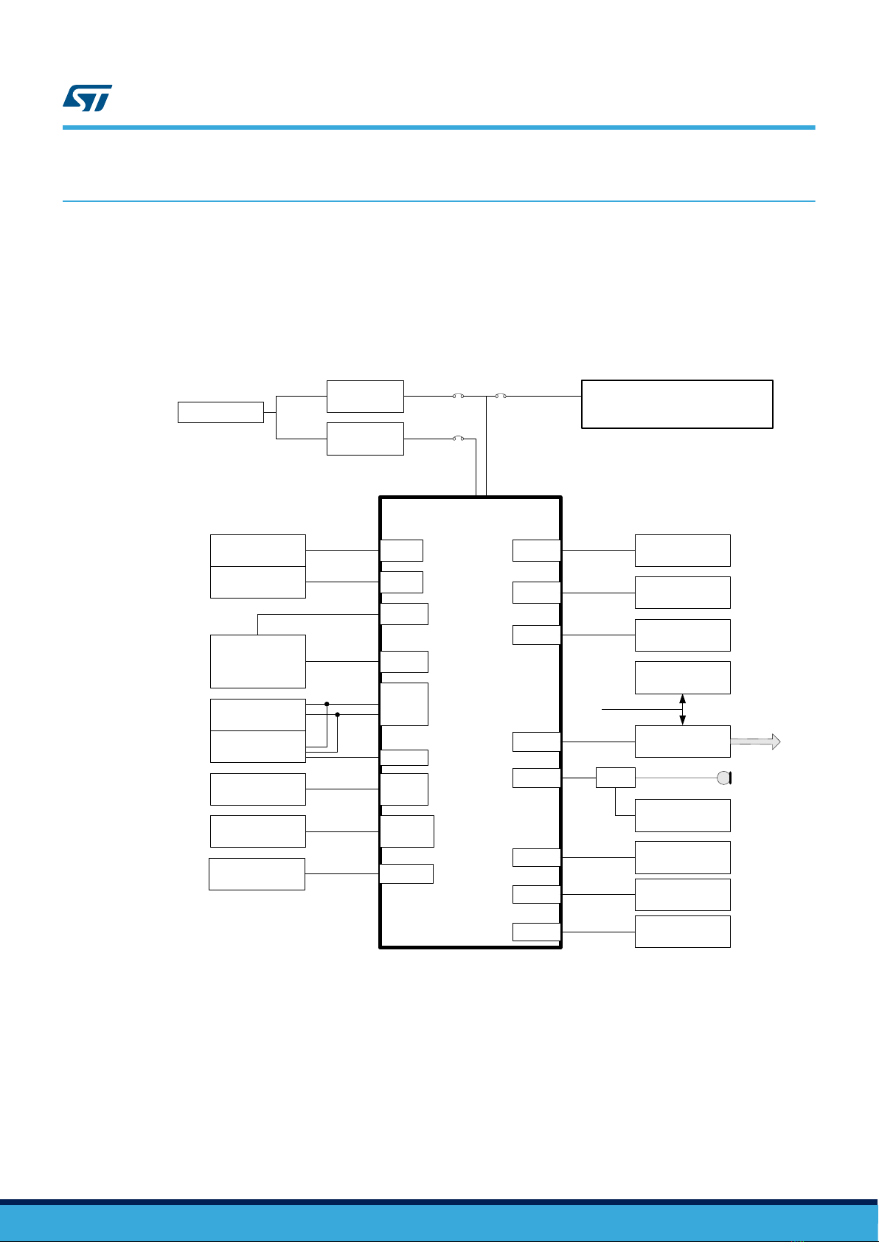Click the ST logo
point(87,98)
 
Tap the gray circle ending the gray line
point(723,778)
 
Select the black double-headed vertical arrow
point(682,709)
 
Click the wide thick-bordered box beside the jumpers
point(677,404)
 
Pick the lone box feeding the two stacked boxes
point(220,412)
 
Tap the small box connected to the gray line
point(615,777)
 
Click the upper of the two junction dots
point(326,704)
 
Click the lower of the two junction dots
point(337,714)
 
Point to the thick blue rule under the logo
point(439,128)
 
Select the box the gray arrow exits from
point(682,742)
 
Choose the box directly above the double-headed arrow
point(682,677)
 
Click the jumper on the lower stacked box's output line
point(458,439)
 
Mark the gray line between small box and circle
point(675,778)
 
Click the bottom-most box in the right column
point(682,932)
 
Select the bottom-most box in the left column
point(257,874)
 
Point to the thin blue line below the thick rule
point(439,201)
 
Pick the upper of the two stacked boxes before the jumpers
point(365,397)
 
